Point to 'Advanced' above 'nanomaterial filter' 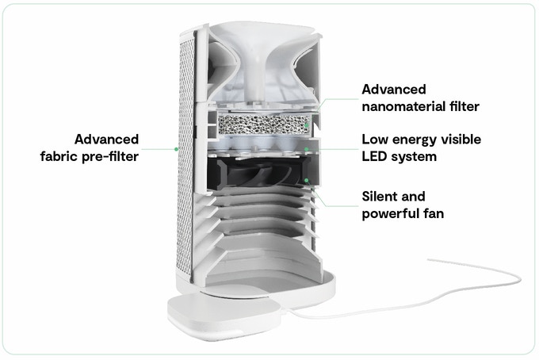394,89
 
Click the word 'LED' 377,156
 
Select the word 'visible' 461,139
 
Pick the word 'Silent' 382,196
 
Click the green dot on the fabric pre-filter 176,147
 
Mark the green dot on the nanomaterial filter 307,124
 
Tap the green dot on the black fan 307,180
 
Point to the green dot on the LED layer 307,149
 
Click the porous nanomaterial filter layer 262,124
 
